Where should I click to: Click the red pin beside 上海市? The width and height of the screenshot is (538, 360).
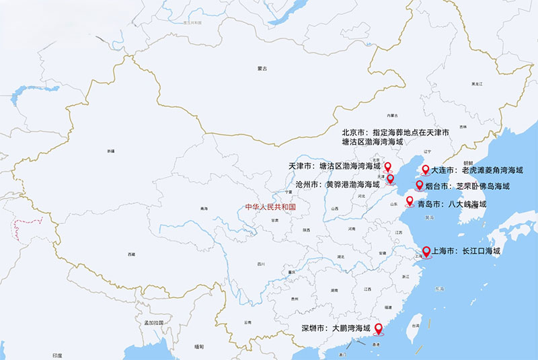coord(426,252)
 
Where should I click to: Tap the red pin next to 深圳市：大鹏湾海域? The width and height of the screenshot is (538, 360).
coord(377,328)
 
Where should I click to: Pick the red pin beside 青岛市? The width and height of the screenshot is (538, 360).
coord(410,201)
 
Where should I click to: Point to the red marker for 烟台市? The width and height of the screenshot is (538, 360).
coord(419,184)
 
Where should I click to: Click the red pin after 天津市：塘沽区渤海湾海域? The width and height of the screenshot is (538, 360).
coord(387,166)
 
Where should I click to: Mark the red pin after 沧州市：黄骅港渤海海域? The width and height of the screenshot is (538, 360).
coord(391,180)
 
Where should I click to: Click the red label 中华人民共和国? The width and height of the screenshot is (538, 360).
coord(270,207)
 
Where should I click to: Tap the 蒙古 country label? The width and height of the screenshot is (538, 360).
coord(262,69)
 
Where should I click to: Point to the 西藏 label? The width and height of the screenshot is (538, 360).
coord(131,254)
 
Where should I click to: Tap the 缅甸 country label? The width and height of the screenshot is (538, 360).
coord(198,347)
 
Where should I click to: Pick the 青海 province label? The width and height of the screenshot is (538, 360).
coord(204,209)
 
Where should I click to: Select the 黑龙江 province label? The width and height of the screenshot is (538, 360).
coord(477,83)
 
